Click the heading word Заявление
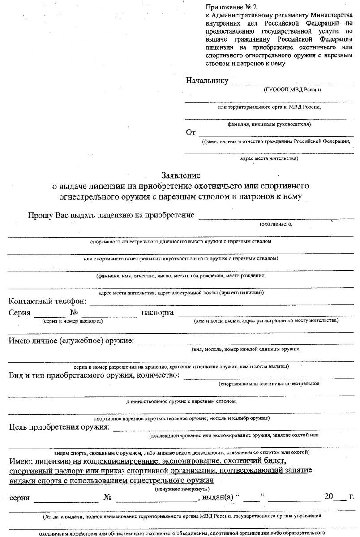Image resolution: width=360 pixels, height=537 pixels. (181, 175)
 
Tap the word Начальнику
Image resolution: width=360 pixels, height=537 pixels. (207, 81)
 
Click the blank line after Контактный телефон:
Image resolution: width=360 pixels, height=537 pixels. (221, 304)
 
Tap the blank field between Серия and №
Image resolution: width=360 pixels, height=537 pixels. (50, 315)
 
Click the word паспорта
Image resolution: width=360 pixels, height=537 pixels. (158, 312)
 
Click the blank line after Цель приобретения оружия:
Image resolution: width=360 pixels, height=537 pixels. (233, 429)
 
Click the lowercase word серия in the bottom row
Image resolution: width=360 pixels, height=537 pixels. (19, 497)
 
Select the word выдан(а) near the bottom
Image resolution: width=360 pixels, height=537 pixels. (218, 497)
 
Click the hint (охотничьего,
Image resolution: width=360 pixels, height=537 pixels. (276, 224)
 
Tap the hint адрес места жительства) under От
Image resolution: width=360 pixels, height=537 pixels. (269, 158)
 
